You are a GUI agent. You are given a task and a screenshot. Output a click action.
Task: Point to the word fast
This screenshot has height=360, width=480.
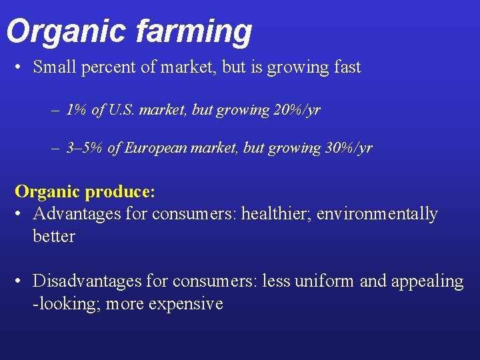(x=345, y=67)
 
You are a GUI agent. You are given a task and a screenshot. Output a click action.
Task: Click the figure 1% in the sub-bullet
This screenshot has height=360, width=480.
(x=77, y=110)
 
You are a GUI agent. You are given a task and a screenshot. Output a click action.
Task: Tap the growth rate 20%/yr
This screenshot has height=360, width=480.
(x=297, y=110)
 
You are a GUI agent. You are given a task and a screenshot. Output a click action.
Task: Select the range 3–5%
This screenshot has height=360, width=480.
(x=85, y=148)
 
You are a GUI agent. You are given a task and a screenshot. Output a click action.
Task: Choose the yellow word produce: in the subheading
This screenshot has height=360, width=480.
(x=121, y=192)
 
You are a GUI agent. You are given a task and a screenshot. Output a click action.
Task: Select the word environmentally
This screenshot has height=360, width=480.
(x=384, y=214)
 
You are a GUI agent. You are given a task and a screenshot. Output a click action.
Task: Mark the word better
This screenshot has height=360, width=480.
(x=53, y=236)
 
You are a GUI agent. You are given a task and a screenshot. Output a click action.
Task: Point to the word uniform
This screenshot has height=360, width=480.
(x=324, y=281)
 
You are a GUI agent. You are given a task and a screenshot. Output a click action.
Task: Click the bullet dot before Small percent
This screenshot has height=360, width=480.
(x=22, y=68)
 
